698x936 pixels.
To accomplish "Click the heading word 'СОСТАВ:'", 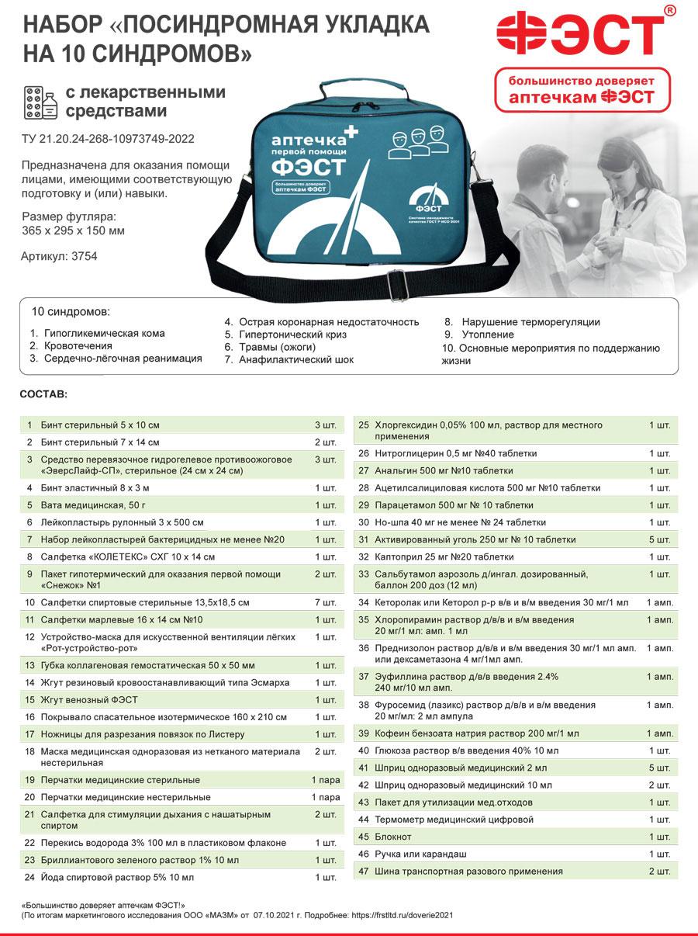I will click(x=43, y=394).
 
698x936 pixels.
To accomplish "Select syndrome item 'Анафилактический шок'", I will click(x=295, y=359).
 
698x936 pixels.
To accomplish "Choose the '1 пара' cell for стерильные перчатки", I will click(x=326, y=780).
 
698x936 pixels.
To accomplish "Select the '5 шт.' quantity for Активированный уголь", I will click(x=660, y=539).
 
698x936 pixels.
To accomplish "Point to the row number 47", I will click(x=363, y=872).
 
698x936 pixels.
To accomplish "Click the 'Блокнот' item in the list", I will click(x=393, y=837).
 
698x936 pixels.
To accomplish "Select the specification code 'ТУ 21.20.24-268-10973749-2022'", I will click(x=108, y=140).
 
